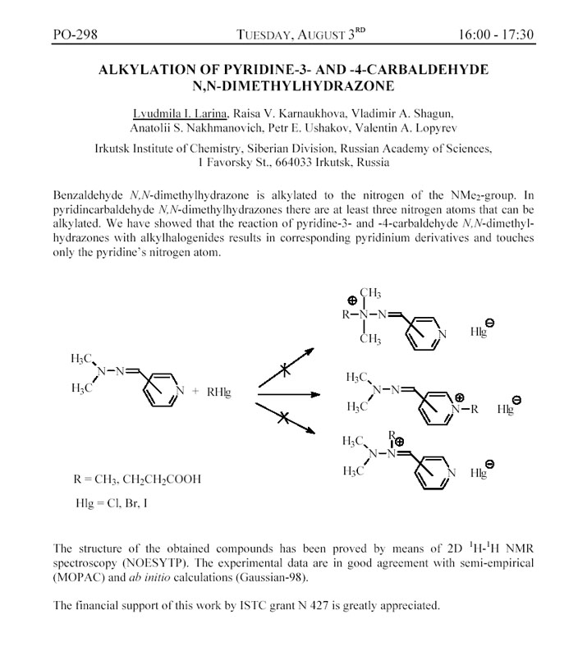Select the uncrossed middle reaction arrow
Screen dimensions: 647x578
coord(287,394)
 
